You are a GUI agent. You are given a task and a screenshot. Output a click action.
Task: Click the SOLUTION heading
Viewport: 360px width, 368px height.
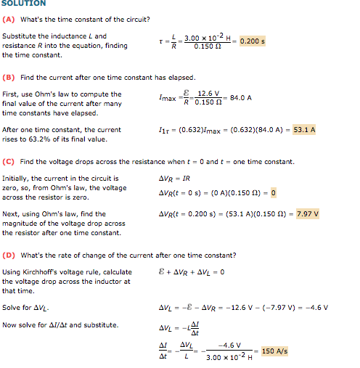point(24,4)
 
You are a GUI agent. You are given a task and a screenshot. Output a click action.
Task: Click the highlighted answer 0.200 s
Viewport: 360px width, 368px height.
point(252,41)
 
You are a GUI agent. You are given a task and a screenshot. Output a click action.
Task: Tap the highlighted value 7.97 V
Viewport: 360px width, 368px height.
point(308,213)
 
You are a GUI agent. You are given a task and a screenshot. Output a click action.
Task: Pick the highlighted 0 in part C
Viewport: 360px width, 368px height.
point(273,192)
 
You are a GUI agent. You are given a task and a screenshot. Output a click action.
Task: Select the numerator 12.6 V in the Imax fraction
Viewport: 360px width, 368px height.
point(209,93)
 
